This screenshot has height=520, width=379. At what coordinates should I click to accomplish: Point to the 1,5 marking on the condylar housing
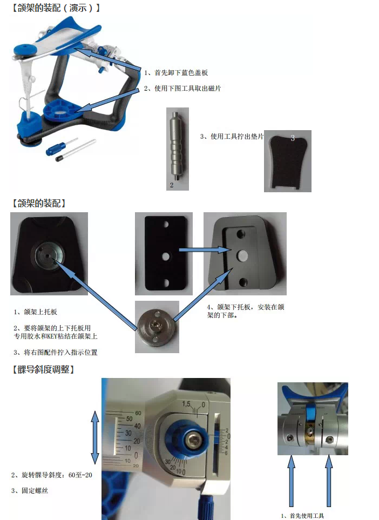click(188, 404)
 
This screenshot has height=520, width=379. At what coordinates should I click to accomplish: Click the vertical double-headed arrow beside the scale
click(95, 437)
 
